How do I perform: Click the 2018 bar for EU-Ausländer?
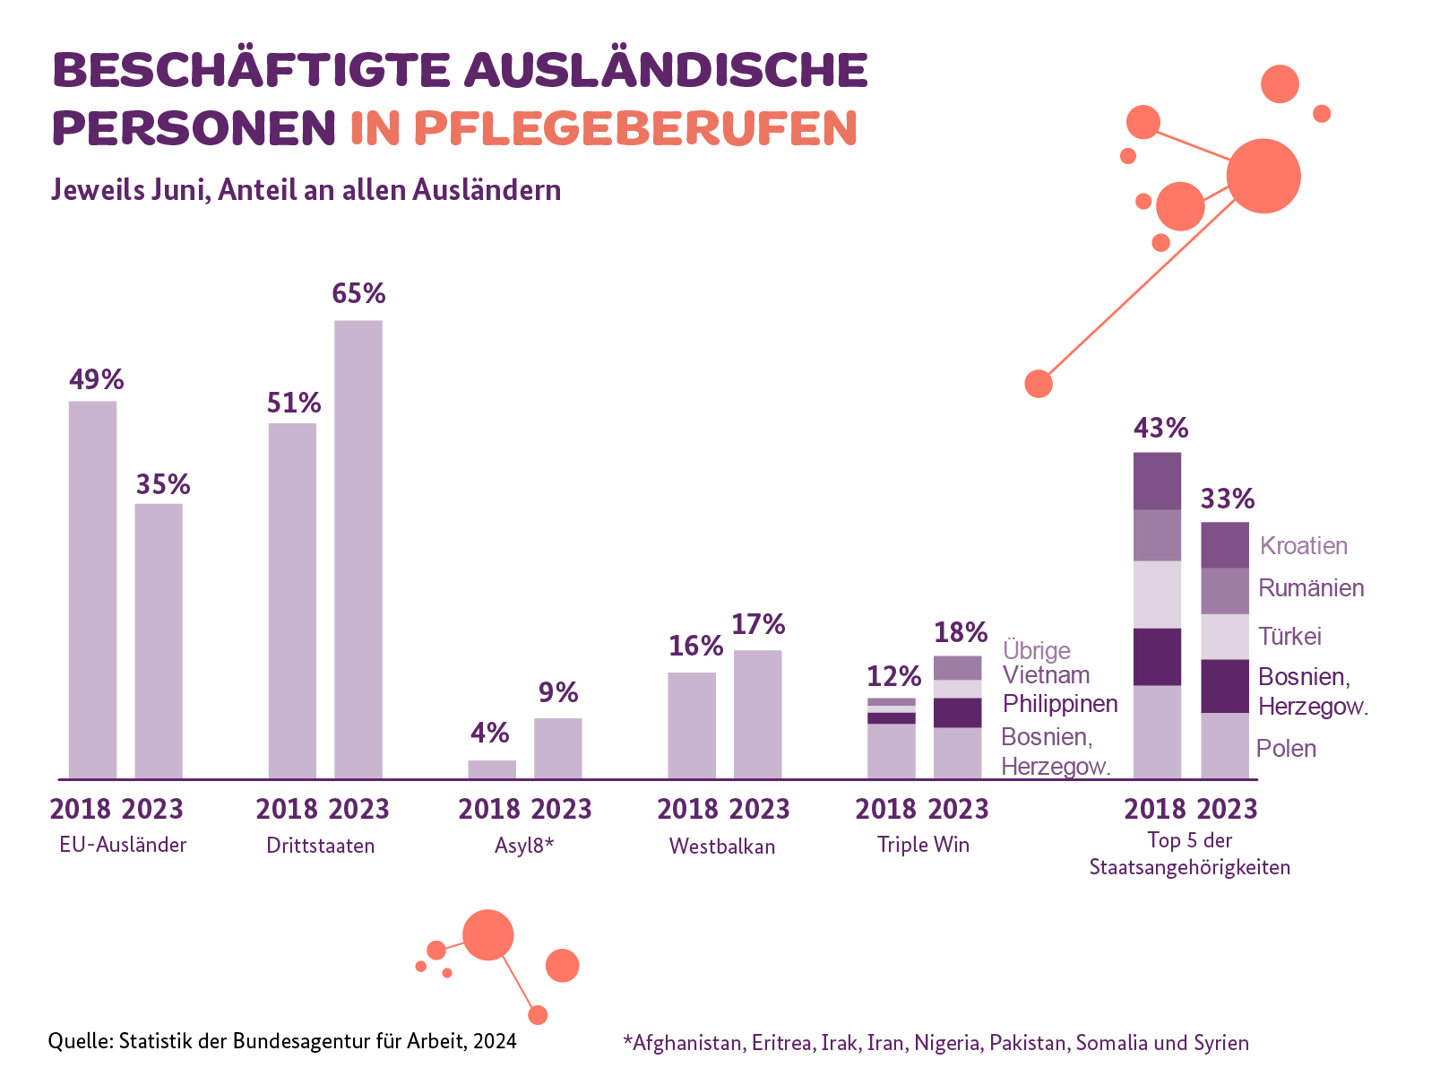93,589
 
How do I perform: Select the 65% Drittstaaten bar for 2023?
358,549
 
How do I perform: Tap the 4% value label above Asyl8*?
490,734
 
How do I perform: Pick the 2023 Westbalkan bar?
758,714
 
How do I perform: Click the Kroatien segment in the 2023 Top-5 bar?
1224,545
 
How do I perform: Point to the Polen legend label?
1286,749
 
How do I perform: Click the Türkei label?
1289,637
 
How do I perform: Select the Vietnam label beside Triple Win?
1046,675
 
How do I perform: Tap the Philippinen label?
1060,704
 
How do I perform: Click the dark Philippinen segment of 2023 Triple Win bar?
957,713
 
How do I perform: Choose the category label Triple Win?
923,845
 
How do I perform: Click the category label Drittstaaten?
321,846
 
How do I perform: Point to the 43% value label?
1160,429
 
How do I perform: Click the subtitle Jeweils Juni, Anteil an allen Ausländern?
306,190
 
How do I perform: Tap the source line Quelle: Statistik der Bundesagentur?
281,1041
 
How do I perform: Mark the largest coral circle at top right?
1263,177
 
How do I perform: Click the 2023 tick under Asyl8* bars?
561,810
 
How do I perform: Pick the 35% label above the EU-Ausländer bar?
163,485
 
